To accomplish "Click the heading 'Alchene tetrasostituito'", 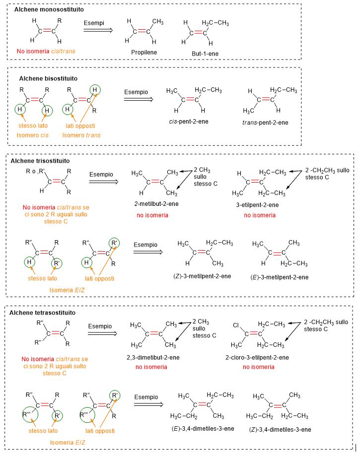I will tap(43, 313).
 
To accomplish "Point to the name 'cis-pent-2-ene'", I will tap(188, 121).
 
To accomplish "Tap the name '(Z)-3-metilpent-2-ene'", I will tap(203, 276).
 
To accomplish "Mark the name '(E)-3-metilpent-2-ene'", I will tap(280, 277).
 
